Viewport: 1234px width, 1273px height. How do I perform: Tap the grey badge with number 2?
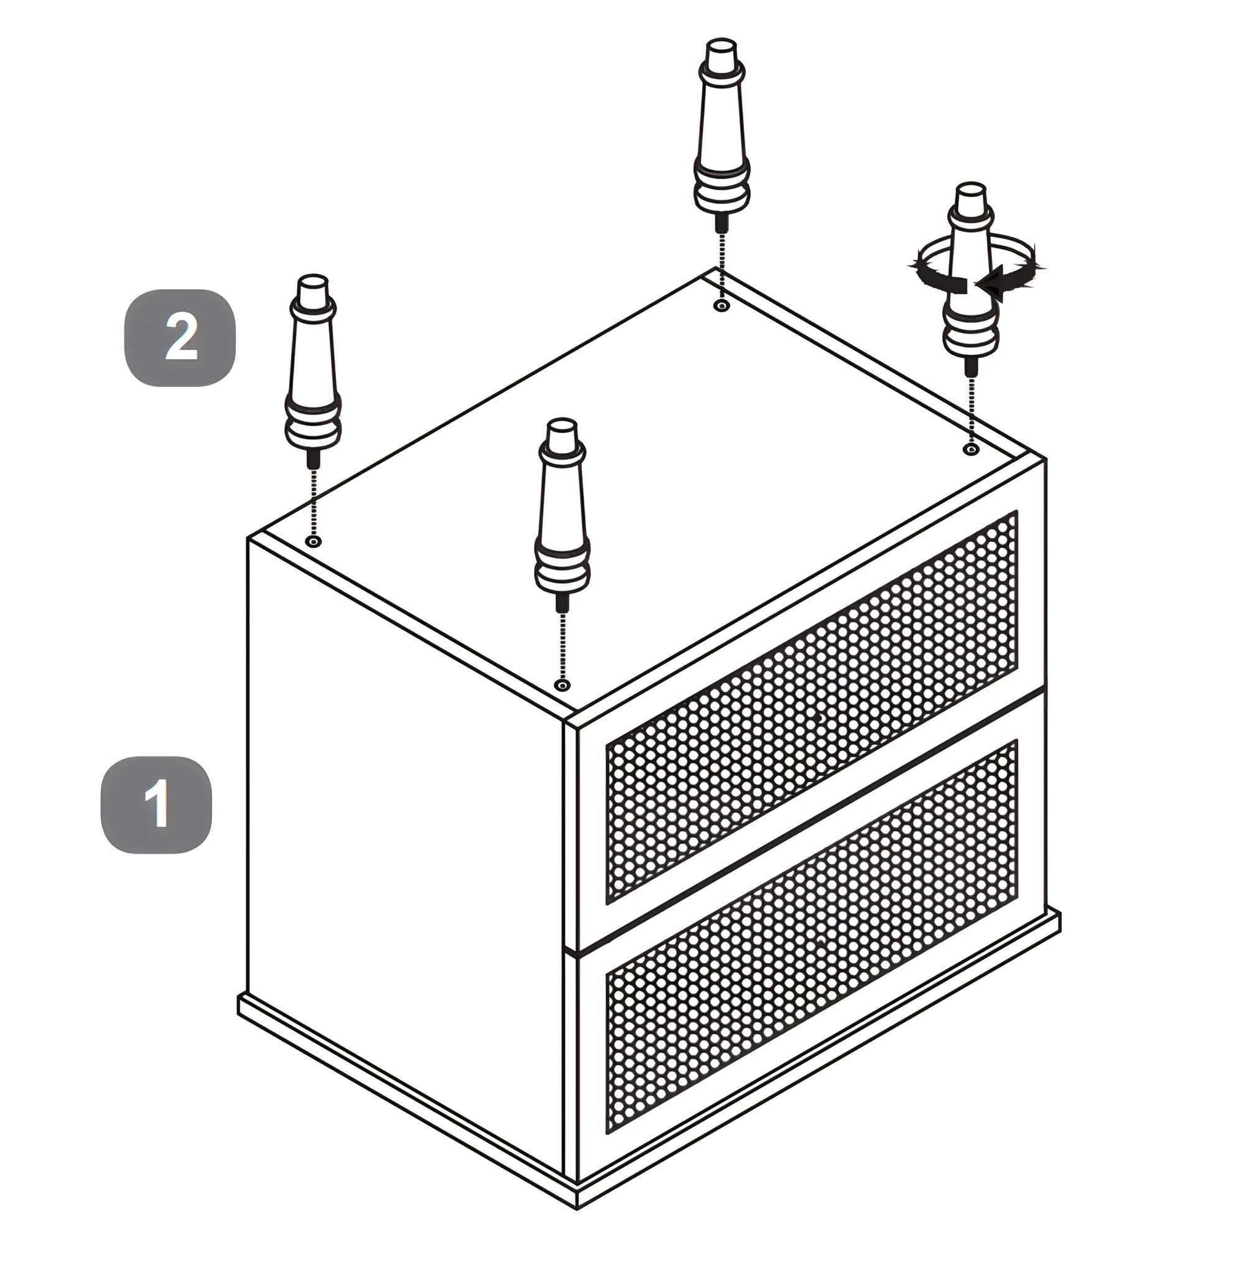(x=180, y=338)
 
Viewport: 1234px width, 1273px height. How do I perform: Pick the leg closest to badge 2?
(x=313, y=371)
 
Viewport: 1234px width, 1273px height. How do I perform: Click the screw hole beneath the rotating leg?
(x=971, y=449)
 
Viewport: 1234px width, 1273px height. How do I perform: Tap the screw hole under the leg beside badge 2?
(x=314, y=542)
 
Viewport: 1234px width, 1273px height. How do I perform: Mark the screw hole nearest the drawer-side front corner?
(x=563, y=685)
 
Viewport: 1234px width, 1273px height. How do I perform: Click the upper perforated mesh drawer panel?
(x=812, y=707)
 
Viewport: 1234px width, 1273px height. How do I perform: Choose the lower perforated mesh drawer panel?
(x=812, y=936)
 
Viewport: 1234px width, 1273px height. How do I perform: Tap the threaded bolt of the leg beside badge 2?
(x=313, y=459)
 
